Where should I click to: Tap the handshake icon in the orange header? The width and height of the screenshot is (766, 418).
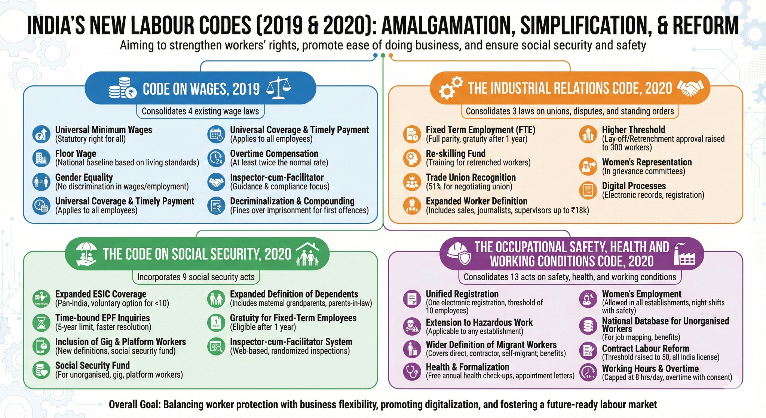click(690, 88)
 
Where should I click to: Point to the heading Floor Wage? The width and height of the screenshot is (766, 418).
click(76, 153)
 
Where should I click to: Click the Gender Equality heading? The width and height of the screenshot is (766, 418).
click(84, 177)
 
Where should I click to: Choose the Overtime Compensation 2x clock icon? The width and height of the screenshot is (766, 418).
click(216, 158)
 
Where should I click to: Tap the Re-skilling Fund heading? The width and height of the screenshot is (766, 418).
click(456, 153)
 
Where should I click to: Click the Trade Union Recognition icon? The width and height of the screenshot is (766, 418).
click(412, 182)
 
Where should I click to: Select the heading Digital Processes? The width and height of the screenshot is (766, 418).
click(634, 186)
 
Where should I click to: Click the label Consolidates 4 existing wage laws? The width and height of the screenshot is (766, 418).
click(200, 111)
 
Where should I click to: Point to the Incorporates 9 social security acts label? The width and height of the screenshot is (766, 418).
click(196, 277)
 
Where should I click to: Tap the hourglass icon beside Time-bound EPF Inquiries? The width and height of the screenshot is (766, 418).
click(41, 322)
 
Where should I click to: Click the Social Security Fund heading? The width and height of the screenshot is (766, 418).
click(92, 365)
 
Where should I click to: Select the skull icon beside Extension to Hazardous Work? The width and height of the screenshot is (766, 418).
click(412, 326)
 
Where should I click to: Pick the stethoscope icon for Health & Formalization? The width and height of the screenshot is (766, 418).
click(412, 371)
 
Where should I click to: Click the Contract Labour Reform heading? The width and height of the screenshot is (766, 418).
click(645, 348)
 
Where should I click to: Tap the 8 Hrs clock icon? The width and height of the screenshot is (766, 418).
click(588, 372)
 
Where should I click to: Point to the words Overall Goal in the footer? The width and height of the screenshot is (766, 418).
click(134, 405)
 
